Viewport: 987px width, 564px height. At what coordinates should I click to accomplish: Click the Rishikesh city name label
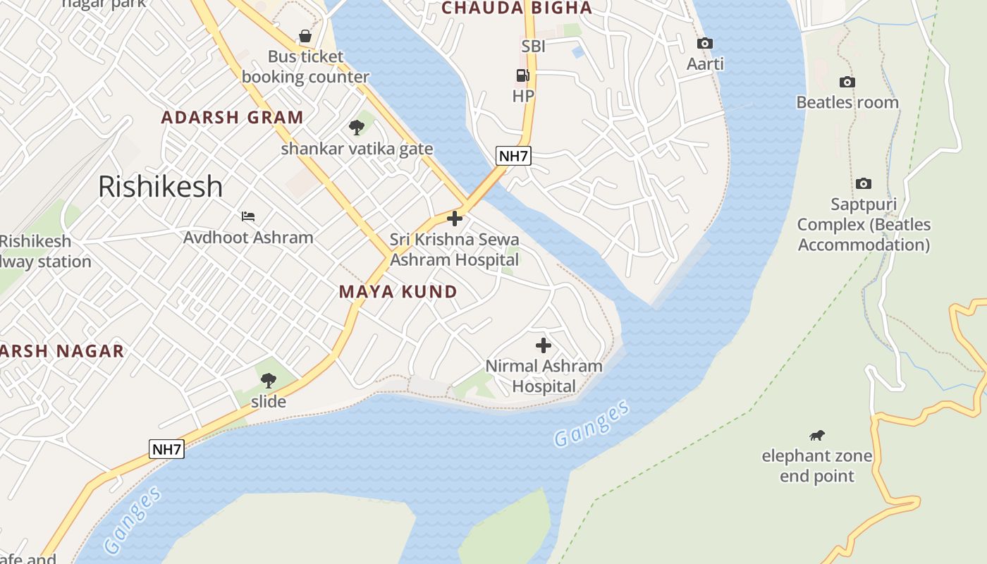160,186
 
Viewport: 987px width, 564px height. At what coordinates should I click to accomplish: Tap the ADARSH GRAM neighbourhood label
232,117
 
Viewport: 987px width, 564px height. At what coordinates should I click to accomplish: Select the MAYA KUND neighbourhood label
398,291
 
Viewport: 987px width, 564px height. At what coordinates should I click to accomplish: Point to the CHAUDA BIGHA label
516,8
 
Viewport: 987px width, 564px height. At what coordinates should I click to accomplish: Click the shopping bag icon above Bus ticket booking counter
305,35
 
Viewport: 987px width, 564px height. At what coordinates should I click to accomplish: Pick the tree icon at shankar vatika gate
357,128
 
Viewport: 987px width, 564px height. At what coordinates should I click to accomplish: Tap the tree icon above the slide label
268,381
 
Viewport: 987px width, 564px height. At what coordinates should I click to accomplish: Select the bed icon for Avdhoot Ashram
248,216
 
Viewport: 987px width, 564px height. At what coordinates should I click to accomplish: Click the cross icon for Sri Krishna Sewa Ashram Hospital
455,219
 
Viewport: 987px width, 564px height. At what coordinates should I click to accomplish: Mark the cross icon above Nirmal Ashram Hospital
543,345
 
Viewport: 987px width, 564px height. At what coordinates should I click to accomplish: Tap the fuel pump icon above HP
522,75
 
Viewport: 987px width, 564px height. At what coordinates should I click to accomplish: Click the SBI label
534,47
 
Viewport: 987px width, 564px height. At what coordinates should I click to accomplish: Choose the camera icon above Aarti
704,43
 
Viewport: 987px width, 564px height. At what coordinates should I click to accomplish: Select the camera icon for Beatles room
847,82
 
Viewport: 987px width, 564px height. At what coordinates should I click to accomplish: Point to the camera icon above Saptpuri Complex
863,183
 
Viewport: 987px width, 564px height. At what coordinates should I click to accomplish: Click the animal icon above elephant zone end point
816,435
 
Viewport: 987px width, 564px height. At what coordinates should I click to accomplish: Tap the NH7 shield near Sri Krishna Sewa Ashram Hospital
513,156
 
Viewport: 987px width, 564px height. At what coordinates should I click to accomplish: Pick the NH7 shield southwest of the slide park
167,449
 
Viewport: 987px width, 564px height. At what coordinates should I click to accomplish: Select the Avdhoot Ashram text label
248,237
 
